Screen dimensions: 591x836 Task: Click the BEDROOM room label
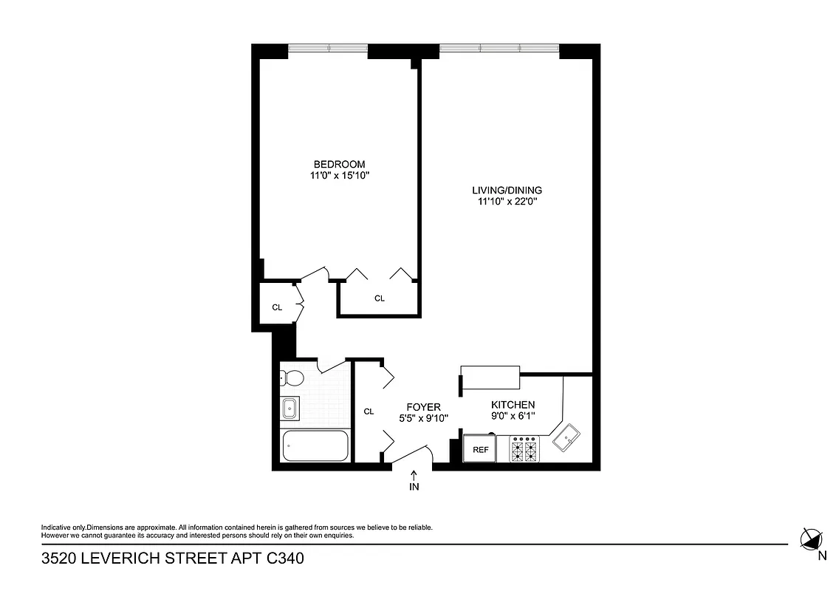339,164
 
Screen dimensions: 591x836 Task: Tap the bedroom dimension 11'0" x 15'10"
339,176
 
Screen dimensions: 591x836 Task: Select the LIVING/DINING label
507,190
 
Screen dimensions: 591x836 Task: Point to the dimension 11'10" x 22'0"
507,201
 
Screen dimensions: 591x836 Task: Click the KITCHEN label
513,405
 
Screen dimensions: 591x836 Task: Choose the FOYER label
424,407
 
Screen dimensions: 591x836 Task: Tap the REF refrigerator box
480,449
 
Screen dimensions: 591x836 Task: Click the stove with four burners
525,449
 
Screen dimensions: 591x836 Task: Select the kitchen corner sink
567,439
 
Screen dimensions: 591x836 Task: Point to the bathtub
315,447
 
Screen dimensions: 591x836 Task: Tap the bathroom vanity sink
289,407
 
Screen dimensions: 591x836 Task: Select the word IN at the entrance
414,487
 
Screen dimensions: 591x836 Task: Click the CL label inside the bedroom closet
380,298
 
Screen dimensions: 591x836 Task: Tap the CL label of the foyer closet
369,411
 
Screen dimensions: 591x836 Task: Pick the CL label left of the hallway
277,307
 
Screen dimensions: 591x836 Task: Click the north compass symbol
812,539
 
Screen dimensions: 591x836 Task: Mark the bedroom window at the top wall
327,49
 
